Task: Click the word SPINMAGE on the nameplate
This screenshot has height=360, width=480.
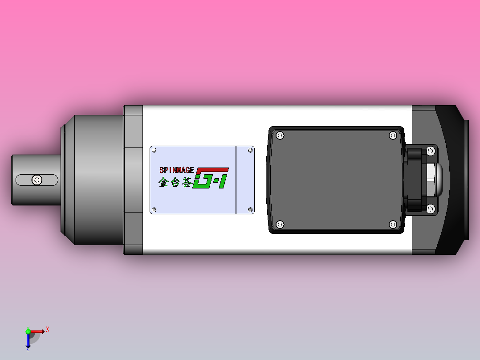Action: pyautogui.click(x=177, y=170)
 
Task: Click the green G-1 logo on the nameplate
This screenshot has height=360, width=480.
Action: pyautogui.click(x=211, y=178)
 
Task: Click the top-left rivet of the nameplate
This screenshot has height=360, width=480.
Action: pyautogui.click(x=155, y=151)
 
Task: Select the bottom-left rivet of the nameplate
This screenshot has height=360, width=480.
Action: pyautogui.click(x=155, y=209)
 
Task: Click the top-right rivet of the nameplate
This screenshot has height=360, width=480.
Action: pyautogui.click(x=250, y=151)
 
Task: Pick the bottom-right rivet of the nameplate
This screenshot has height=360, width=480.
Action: pyautogui.click(x=250, y=209)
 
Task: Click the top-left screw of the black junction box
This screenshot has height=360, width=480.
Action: pyautogui.click(x=280, y=135)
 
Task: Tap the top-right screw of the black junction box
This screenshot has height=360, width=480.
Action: pyautogui.click(x=393, y=135)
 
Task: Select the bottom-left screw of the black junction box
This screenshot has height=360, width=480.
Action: pyautogui.click(x=280, y=224)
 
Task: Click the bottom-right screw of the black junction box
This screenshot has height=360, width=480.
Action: pyautogui.click(x=393, y=224)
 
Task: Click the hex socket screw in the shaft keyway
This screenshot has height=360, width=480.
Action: pyautogui.click(x=37, y=180)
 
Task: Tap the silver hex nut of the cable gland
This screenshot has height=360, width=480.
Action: pyautogui.click(x=431, y=180)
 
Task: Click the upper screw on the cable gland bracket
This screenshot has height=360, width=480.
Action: pyautogui.click(x=431, y=151)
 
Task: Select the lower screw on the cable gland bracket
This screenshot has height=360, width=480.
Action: pyautogui.click(x=431, y=209)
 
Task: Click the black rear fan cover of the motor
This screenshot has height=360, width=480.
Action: pyautogui.click(x=450, y=180)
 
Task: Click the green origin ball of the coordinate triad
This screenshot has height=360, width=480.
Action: pyautogui.click(x=28, y=331)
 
